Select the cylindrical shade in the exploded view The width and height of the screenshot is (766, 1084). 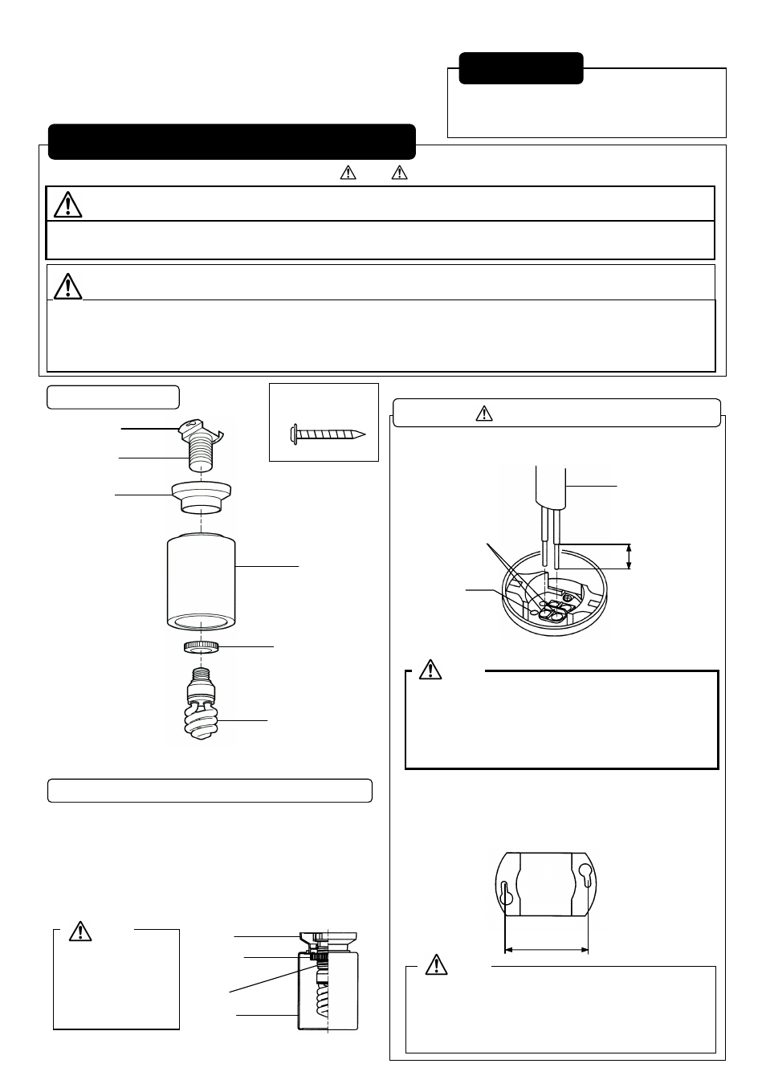(x=202, y=582)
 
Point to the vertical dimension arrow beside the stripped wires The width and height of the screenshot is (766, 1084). (x=630, y=556)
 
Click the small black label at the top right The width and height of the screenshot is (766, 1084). (x=520, y=68)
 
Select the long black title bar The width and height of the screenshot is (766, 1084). (x=231, y=142)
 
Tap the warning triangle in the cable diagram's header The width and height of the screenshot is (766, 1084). (x=483, y=414)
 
